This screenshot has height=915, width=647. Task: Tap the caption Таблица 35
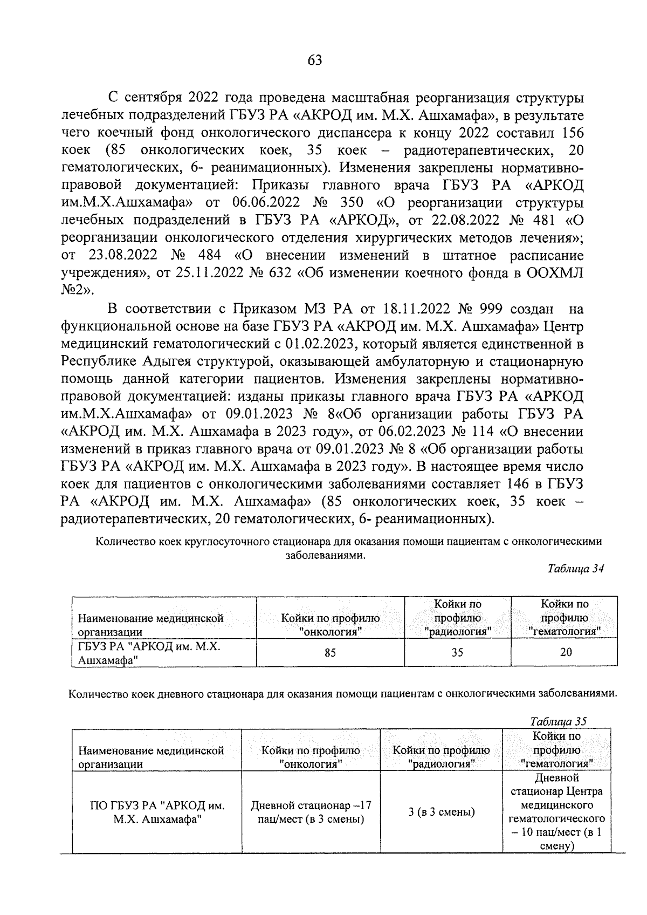tap(559, 721)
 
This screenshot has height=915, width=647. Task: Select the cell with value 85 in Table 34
tap(330, 653)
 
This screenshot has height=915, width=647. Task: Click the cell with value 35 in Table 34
tap(457, 653)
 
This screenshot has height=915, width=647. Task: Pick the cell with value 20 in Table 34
tap(566, 653)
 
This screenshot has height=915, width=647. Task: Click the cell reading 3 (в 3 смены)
tap(442, 812)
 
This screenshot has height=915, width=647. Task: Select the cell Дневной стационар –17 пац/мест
tap(311, 812)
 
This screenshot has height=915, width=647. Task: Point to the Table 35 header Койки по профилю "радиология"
tap(442, 757)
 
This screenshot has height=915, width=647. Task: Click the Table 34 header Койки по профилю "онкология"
tap(330, 625)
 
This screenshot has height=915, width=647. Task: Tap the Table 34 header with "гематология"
tap(565, 618)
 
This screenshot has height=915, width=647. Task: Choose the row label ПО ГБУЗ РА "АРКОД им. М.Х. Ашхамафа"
tap(157, 812)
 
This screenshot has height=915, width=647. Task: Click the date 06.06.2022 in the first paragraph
tap(262, 203)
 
